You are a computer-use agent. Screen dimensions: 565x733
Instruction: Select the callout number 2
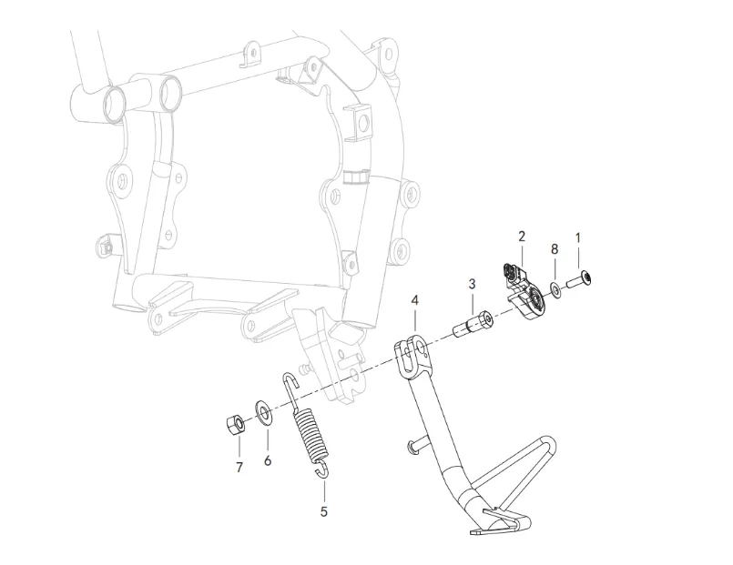point(522,237)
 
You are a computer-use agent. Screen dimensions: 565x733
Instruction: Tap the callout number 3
point(472,284)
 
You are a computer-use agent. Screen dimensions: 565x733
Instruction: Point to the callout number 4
point(414,299)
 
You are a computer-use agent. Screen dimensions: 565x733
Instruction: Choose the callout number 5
point(323,511)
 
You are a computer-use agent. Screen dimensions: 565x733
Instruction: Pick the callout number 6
point(268,461)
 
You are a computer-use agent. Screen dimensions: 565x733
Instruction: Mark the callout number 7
point(239,468)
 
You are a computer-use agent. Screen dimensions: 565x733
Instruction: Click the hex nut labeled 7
point(233,423)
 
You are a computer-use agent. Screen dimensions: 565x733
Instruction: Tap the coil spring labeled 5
point(311,432)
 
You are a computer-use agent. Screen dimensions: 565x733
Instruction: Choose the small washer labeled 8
point(555,291)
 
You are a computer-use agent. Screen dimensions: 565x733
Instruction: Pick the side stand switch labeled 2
point(523,289)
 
